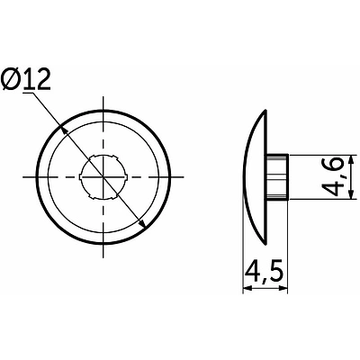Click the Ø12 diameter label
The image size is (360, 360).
(26, 80)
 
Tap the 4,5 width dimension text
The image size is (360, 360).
(265, 273)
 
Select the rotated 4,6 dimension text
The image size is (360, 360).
(332, 176)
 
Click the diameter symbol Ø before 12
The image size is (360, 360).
(11, 80)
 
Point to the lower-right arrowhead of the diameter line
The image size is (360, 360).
(142, 223)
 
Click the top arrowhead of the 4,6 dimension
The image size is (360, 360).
(350, 159)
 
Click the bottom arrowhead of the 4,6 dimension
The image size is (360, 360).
(350, 194)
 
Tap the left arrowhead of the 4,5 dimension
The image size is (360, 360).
(247, 288)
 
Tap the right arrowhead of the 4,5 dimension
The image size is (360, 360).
(283, 288)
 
